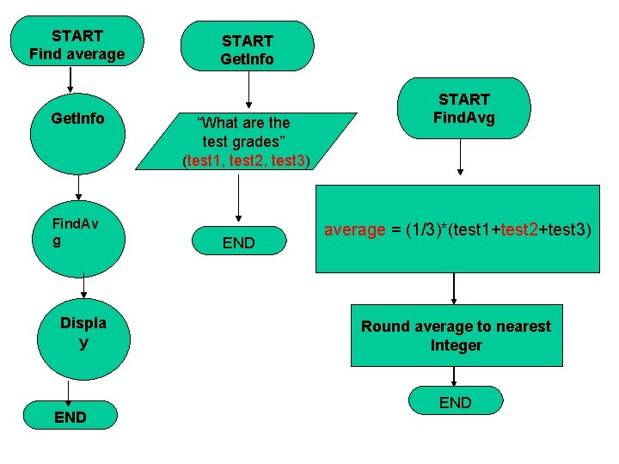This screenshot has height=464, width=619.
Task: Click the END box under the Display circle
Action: pyautogui.click(x=70, y=417)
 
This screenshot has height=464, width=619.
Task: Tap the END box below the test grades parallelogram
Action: pyautogui.click(x=239, y=243)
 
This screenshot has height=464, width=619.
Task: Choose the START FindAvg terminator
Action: pyautogui.click(x=463, y=108)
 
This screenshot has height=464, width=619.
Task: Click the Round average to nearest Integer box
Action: pyautogui.click(x=456, y=335)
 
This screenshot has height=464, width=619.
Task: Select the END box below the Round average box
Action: pyautogui.click(x=455, y=402)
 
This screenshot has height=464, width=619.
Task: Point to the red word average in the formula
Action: pyautogui.click(x=354, y=229)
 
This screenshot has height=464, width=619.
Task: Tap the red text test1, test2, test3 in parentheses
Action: pyautogui.click(x=247, y=160)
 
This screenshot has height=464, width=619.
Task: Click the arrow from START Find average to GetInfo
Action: pyautogui.click(x=70, y=80)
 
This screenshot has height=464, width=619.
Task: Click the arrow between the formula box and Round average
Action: pyautogui.click(x=454, y=289)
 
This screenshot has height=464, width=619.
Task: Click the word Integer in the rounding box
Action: pyautogui.click(x=456, y=345)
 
